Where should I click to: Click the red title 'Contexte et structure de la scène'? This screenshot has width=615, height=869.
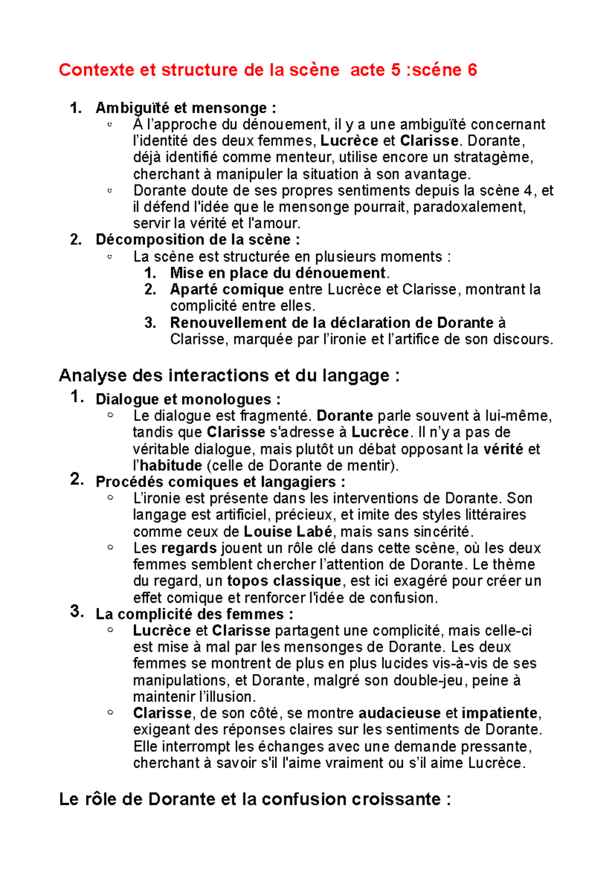tap(199, 70)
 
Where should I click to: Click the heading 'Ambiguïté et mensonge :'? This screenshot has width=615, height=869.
tap(186, 108)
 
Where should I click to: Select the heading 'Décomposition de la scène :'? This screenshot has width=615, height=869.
tap(197, 240)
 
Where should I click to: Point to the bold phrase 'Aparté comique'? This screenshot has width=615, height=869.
tap(227, 289)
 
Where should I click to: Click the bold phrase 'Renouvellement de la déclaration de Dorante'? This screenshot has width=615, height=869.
tap(332, 323)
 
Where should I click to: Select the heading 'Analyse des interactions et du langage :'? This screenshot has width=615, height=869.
tap(229, 376)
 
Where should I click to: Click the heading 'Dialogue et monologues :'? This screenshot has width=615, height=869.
tap(188, 399)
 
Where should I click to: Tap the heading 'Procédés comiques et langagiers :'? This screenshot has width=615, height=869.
tap(220, 482)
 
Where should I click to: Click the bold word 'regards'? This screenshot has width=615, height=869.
tap(189, 548)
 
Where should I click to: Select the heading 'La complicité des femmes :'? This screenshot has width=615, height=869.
tap(194, 614)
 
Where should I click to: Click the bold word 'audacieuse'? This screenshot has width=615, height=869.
tap(399, 713)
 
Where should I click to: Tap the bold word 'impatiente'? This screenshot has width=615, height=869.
tap(500, 713)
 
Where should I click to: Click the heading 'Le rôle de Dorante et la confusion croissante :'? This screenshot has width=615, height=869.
tap(255, 799)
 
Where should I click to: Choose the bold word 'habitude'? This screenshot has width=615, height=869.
tap(171, 466)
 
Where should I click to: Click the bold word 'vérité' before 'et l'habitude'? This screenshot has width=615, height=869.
tap(503, 449)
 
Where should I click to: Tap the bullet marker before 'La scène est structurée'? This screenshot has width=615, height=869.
tap(110, 256)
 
